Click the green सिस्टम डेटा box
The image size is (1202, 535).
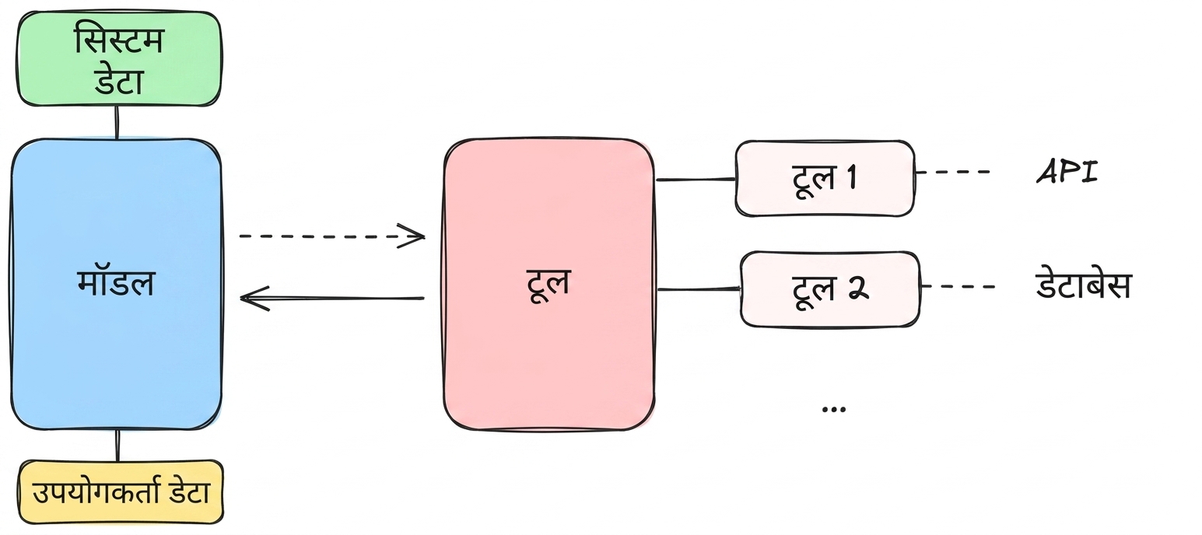pyautogui.click(x=118, y=58)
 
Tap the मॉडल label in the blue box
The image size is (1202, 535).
pyautogui.click(x=116, y=283)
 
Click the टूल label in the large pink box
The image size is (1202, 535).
pyautogui.click(x=548, y=285)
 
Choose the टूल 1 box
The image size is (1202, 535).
pyautogui.click(x=825, y=179)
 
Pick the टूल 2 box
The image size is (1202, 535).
pyautogui.click(x=830, y=289)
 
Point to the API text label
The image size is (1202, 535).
pyautogui.click(x=1067, y=172)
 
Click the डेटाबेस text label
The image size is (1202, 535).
pyautogui.click(x=1084, y=285)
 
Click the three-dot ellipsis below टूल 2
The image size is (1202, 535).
pyautogui.click(x=834, y=410)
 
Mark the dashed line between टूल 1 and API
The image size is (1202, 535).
pyautogui.click(x=953, y=173)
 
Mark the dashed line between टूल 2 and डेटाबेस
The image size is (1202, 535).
pyautogui.click(x=958, y=286)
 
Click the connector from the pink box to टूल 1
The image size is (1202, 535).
pyautogui.click(x=696, y=179)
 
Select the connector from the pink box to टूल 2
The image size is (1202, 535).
pyautogui.click(x=699, y=289)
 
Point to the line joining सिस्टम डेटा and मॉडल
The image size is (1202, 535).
pyautogui.click(x=117, y=122)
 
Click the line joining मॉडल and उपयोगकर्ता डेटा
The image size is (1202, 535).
pyautogui.click(x=118, y=445)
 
